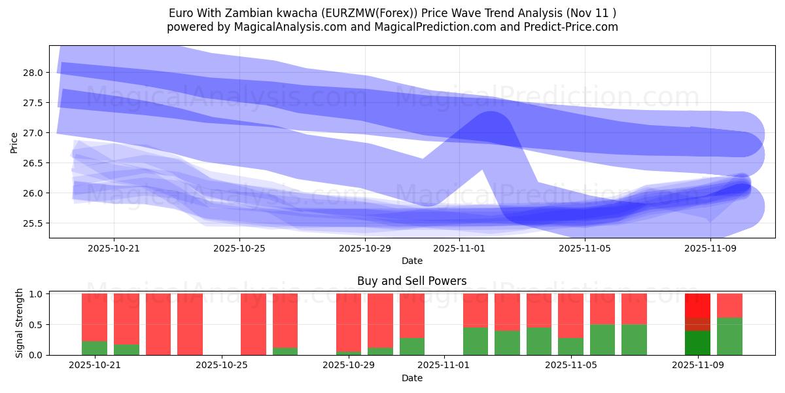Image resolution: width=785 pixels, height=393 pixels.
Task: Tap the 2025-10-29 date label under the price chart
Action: pyautogui.click(x=364, y=248)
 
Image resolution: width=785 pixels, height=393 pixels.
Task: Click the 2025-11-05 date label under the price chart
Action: pyautogui.click(x=584, y=248)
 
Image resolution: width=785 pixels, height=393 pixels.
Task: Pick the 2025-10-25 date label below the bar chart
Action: pyautogui.click(x=222, y=365)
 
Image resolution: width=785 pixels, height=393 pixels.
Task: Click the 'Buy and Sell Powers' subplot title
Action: pyautogui.click(x=411, y=281)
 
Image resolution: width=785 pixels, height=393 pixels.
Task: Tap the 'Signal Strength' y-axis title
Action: pyautogui.click(x=20, y=323)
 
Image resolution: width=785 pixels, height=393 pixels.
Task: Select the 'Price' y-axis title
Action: pyautogui.click(x=14, y=141)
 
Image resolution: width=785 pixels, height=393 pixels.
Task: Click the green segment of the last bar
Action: pyautogui.click(x=729, y=337)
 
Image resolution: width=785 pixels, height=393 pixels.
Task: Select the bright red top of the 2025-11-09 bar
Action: pyautogui.click(x=697, y=305)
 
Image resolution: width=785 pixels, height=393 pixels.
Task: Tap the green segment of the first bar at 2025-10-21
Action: pyautogui.click(x=94, y=348)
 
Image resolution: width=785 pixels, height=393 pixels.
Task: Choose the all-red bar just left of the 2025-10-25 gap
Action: pyautogui.click(x=190, y=324)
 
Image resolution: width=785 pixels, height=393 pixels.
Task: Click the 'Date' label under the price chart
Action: pyautogui.click(x=411, y=261)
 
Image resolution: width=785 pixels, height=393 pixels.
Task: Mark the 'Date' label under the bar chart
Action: pyautogui.click(x=411, y=378)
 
